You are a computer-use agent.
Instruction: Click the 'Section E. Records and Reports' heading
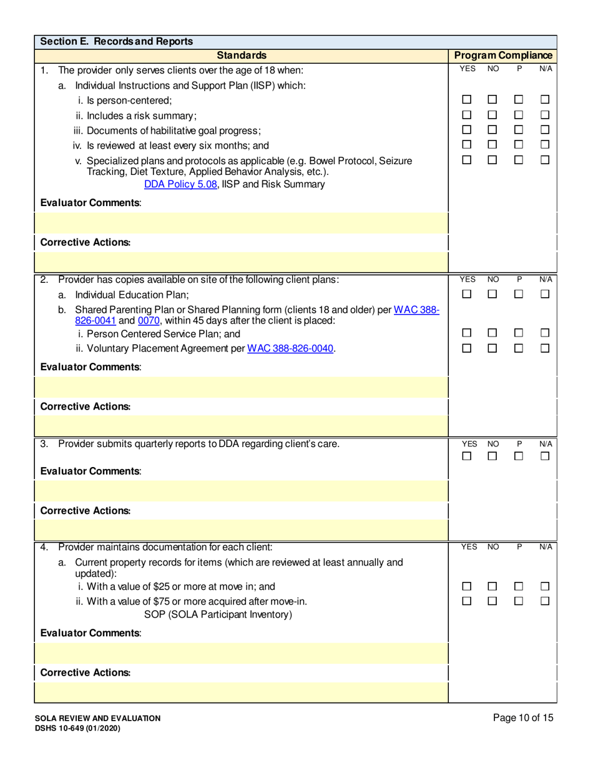[x=117, y=42]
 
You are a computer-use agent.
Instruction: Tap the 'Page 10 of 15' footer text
[x=522, y=718]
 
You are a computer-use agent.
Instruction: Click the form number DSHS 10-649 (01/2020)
[x=78, y=728]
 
